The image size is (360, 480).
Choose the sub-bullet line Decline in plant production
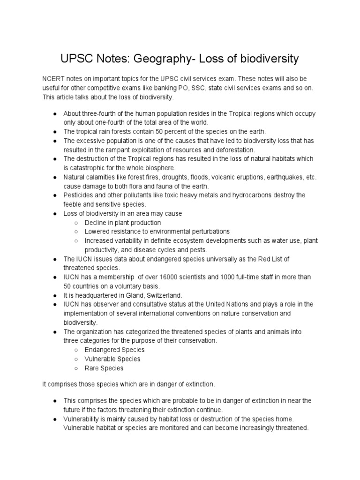point(122,223)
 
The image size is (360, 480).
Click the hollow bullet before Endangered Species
point(75,350)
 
